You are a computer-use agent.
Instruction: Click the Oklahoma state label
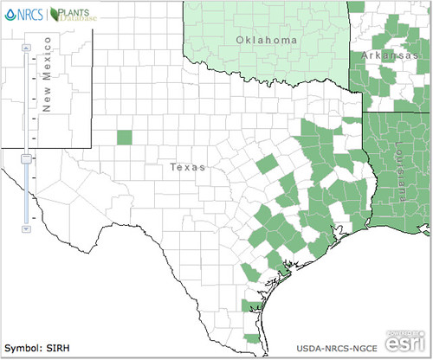click(x=267, y=41)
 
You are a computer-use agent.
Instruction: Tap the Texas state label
click(x=188, y=166)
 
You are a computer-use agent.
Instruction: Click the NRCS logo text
click(x=29, y=14)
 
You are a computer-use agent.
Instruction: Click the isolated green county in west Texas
click(x=124, y=138)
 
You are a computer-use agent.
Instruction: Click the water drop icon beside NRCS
click(x=10, y=14)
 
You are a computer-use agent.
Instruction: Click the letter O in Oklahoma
click(x=239, y=41)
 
